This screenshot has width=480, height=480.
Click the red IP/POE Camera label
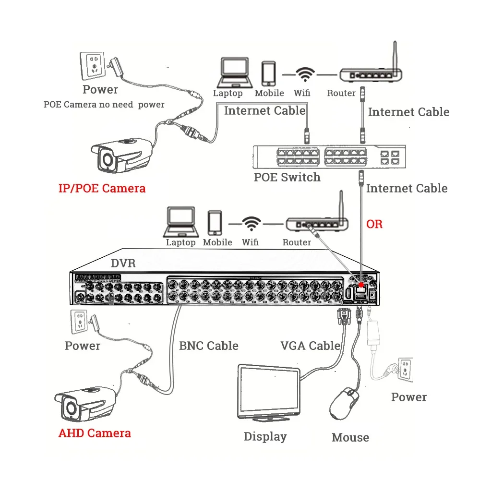tap(102, 188)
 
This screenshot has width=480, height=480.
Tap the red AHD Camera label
tap(95, 433)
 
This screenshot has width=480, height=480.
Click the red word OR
tap(374, 224)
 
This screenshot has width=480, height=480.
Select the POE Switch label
tap(287, 177)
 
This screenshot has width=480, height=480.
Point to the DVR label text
tap(123, 263)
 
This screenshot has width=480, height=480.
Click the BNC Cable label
tap(208, 346)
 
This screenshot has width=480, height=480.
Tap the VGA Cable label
tap(310, 346)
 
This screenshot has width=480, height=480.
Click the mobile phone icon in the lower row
tap(215, 223)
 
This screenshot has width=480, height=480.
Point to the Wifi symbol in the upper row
tap(304, 75)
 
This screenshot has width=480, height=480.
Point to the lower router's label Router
tap(297, 242)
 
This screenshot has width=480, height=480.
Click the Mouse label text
tap(350, 437)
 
